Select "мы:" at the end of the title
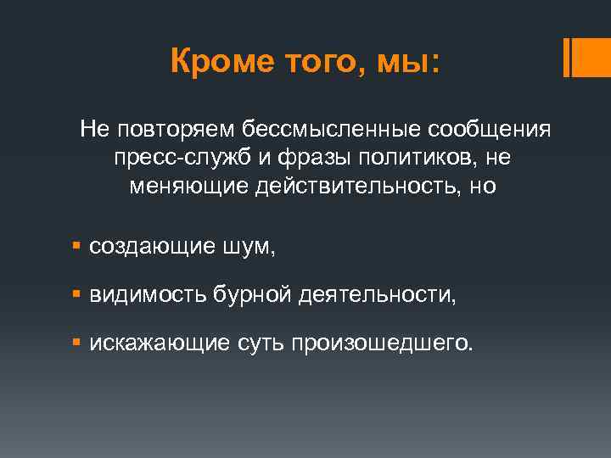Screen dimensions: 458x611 coord(411,61)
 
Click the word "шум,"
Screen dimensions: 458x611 coord(250,247)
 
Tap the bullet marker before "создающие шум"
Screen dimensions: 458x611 coord(76,247)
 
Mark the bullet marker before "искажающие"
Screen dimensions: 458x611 coord(76,343)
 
